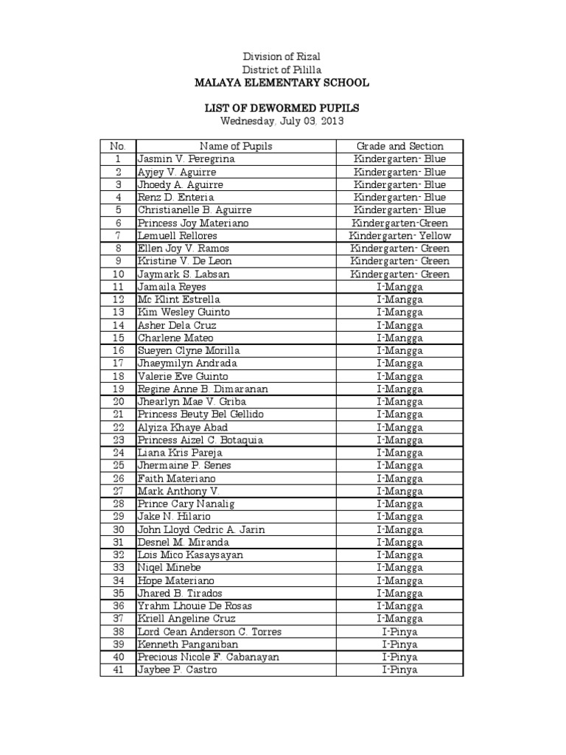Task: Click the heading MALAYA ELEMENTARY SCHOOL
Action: [282, 83]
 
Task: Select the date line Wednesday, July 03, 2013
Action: [282, 121]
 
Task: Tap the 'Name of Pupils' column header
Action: [236, 146]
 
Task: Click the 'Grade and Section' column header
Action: [399, 146]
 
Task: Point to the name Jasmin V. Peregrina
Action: [186, 159]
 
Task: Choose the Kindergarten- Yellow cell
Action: [399, 236]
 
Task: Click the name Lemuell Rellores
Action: [177, 236]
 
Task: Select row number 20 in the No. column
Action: [118, 402]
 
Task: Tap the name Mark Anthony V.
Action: [178, 491]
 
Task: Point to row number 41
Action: [118, 670]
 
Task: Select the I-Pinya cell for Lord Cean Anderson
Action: [399, 632]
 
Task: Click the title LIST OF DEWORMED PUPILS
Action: [282, 108]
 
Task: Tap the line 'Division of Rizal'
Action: [282, 57]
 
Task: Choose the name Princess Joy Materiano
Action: [193, 223]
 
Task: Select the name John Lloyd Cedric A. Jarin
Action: [201, 529]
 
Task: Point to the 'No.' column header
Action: [118, 146]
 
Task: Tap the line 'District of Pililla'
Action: [282, 69]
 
